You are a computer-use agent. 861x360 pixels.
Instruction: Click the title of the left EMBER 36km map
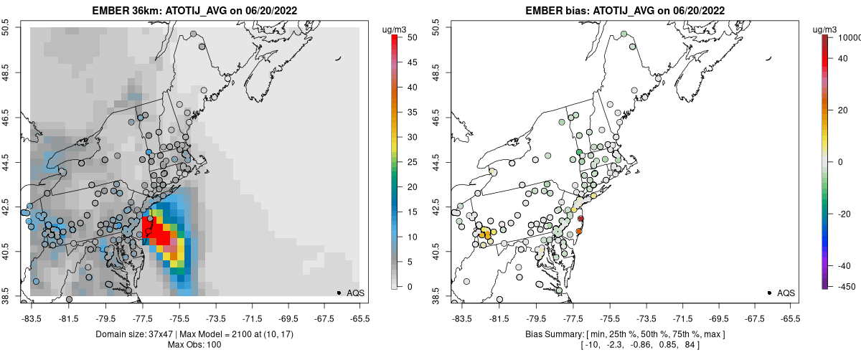(193, 10)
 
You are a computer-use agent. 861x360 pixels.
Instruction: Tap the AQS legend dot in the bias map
(769, 293)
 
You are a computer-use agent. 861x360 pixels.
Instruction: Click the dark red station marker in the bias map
(581, 219)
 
